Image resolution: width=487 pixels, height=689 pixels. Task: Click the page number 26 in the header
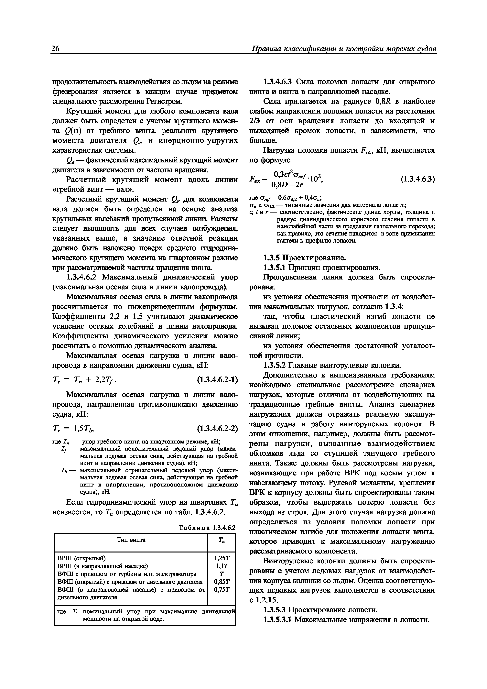click(56, 49)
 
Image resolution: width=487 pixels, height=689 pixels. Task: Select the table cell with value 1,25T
click(222, 558)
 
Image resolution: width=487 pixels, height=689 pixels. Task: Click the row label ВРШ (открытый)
click(81, 558)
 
